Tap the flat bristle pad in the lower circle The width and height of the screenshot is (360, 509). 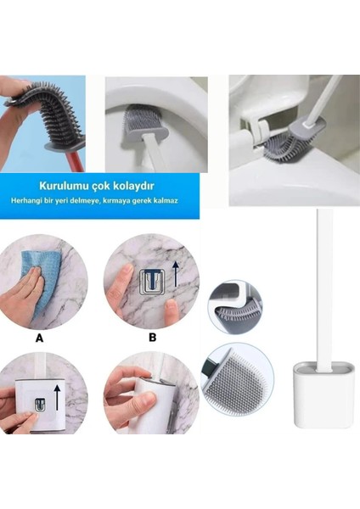239,383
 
